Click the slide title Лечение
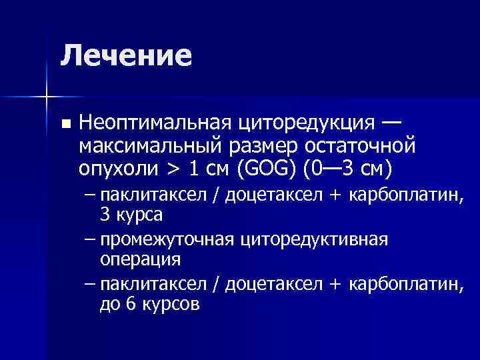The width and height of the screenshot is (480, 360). click(x=126, y=55)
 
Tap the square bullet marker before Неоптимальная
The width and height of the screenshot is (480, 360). click(x=64, y=124)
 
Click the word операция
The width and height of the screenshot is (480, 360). click(x=141, y=258)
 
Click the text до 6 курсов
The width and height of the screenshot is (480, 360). click(x=149, y=304)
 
